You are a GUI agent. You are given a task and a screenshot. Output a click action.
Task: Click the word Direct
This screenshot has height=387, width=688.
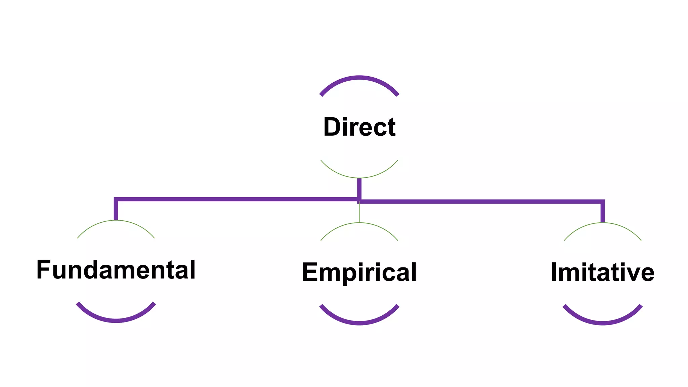click(x=359, y=127)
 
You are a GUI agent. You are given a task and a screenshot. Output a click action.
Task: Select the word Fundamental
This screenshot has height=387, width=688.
click(x=116, y=270)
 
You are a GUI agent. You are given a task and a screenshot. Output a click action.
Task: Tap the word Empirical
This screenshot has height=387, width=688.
click(x=359, y=272)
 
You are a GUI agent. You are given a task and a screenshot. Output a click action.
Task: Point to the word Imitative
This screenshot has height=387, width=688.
click(x=602, y=272)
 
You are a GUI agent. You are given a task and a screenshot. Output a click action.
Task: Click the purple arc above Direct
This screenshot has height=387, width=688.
click(x=359, y=78)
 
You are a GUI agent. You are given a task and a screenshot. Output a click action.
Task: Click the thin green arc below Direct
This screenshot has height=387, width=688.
click(x=359, y=177)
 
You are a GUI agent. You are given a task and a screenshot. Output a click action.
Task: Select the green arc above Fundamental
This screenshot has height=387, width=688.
click(x=116, y=221)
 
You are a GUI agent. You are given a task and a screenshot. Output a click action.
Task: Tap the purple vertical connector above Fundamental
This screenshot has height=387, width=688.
click(x=116, y=210)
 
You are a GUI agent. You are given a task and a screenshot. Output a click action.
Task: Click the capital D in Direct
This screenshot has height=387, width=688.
click(x=332, y=127)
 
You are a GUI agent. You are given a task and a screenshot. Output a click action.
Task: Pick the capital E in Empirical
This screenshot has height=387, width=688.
click(x=310, y=272)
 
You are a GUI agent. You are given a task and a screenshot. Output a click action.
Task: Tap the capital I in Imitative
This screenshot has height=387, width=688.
click(x=554, y=272)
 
